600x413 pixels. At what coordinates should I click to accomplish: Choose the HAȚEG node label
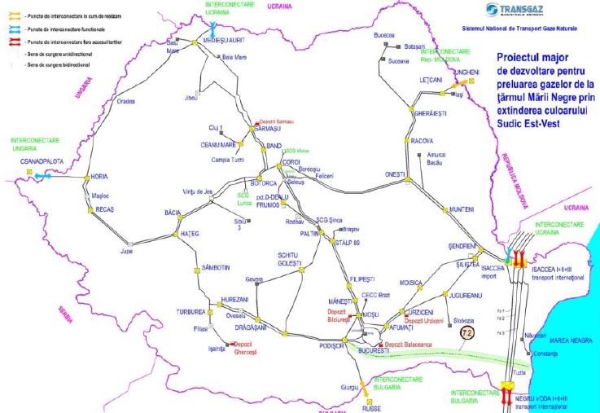(x=189, y=234)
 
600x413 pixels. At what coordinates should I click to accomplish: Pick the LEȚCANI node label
(x=429, y=80)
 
